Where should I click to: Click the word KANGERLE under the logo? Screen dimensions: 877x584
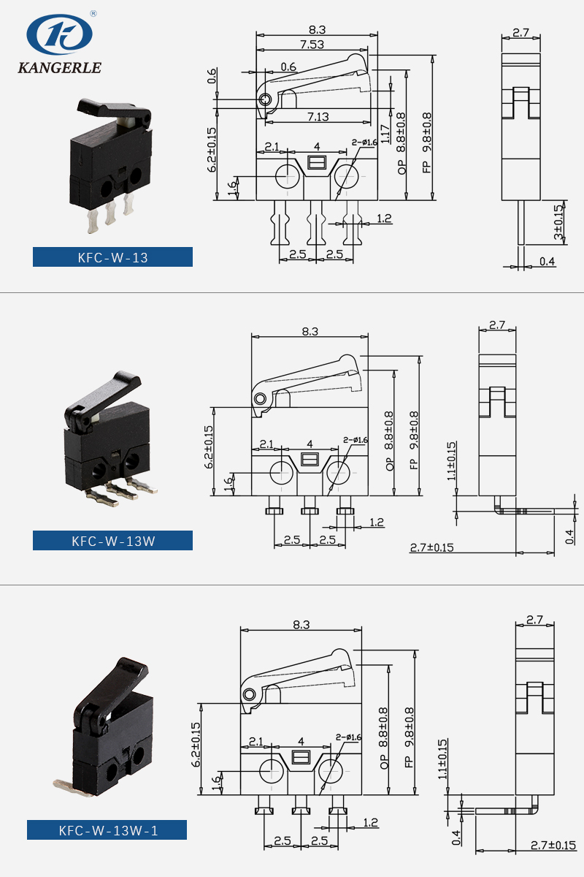coord(59,69)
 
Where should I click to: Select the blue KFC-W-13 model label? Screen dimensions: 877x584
coord(112,257)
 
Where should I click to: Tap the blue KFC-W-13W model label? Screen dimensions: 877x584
coord(112,541)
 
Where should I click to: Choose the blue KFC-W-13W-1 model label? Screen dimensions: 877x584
coord(107,830)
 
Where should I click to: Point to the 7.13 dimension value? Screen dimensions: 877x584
coord(317,116)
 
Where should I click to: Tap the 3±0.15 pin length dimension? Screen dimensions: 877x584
coord(558,223)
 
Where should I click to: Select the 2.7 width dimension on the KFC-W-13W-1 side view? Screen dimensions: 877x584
coord(534,620)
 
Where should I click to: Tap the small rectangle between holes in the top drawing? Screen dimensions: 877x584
coord(317,162)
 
